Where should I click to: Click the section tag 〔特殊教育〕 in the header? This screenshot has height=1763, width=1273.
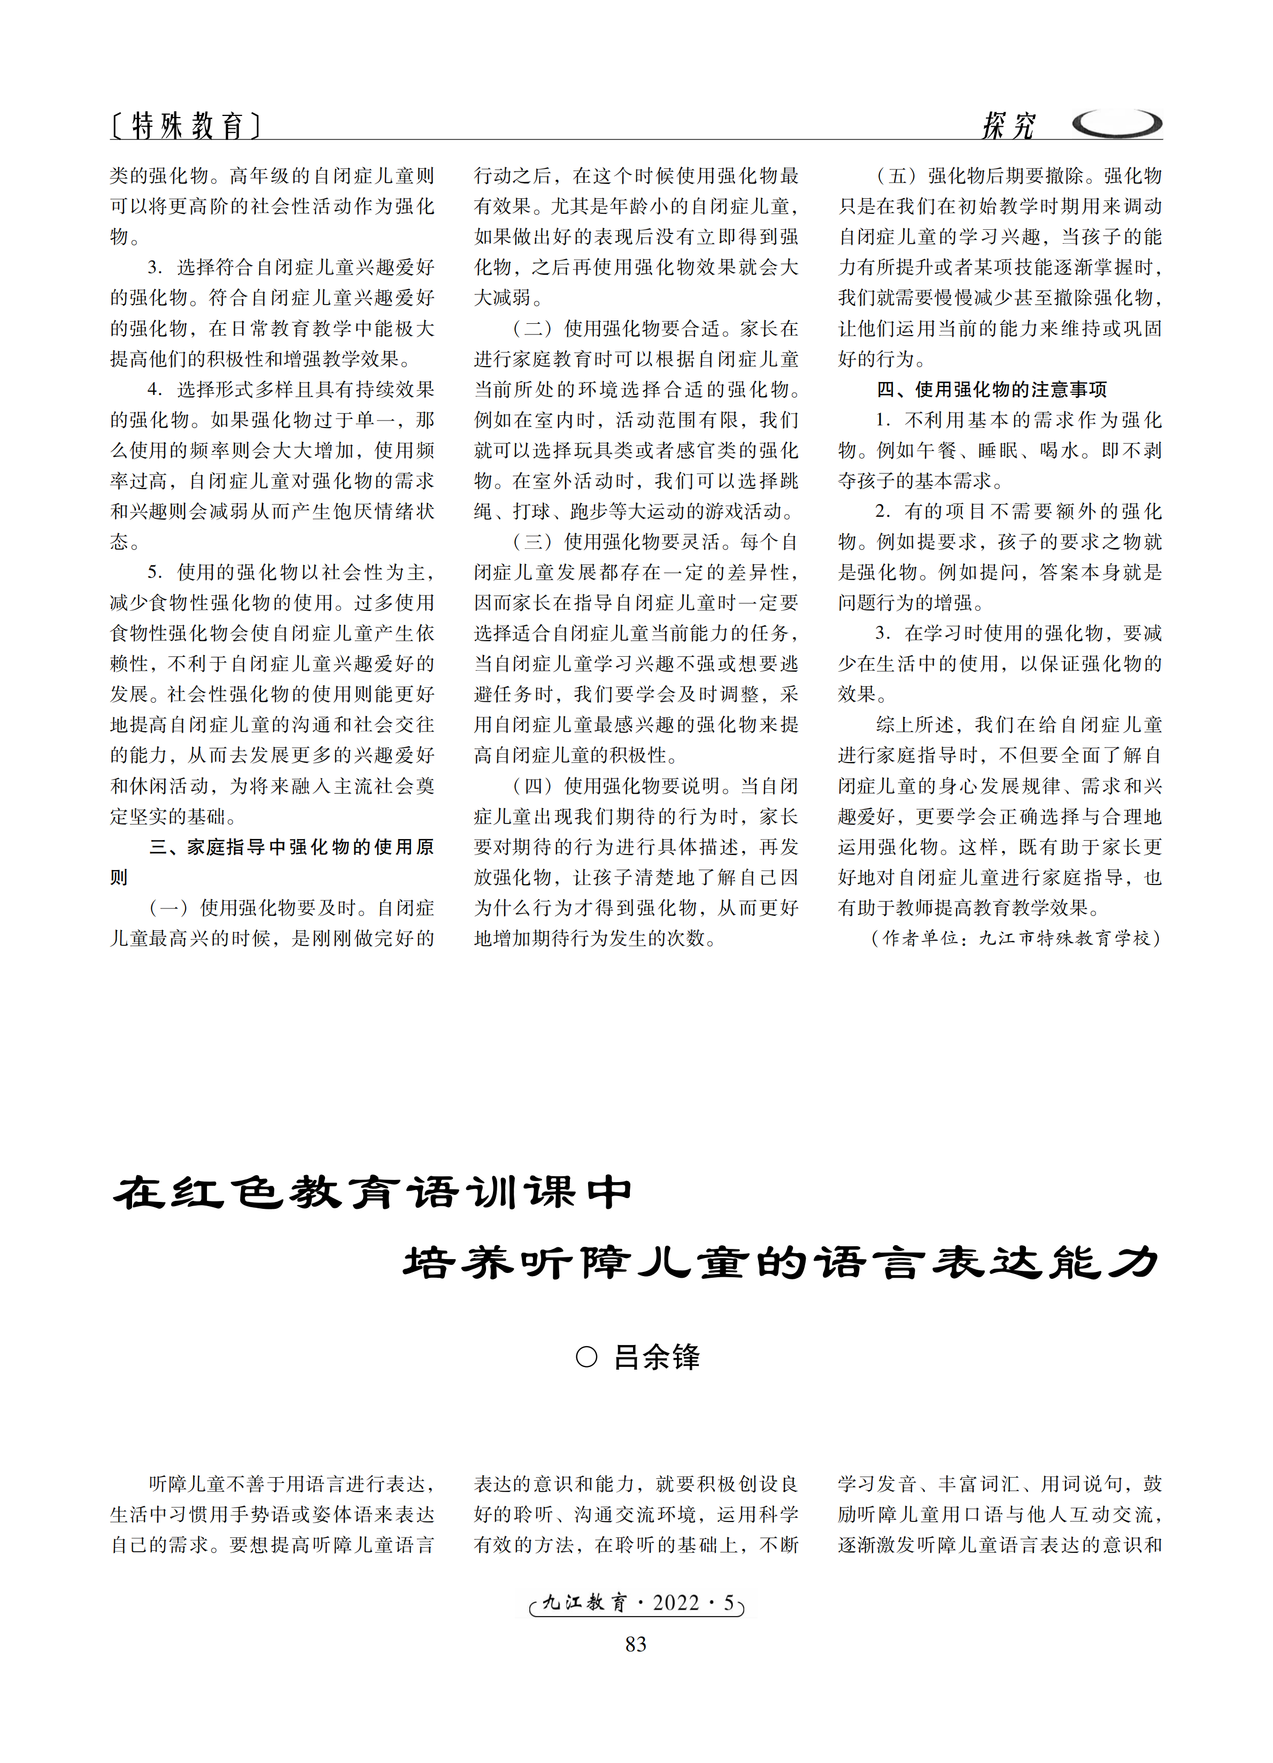pos(185,125)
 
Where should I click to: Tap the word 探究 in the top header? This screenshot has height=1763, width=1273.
pos(1008,125)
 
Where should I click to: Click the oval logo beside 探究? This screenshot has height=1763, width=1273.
pos(1117,123)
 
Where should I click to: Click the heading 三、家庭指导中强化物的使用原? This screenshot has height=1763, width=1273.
pos(291,846)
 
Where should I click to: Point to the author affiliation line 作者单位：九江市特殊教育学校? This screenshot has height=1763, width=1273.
pos(1016,938)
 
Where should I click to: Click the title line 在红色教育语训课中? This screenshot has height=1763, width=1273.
pos(373,1193)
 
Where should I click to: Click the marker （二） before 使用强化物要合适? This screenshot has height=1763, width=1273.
pos(534,329)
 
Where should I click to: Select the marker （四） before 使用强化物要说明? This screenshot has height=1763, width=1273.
pos(534,786)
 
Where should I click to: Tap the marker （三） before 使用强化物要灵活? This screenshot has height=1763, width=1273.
pos(534,542)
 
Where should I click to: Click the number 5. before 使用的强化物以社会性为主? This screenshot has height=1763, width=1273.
pos(155,572)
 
